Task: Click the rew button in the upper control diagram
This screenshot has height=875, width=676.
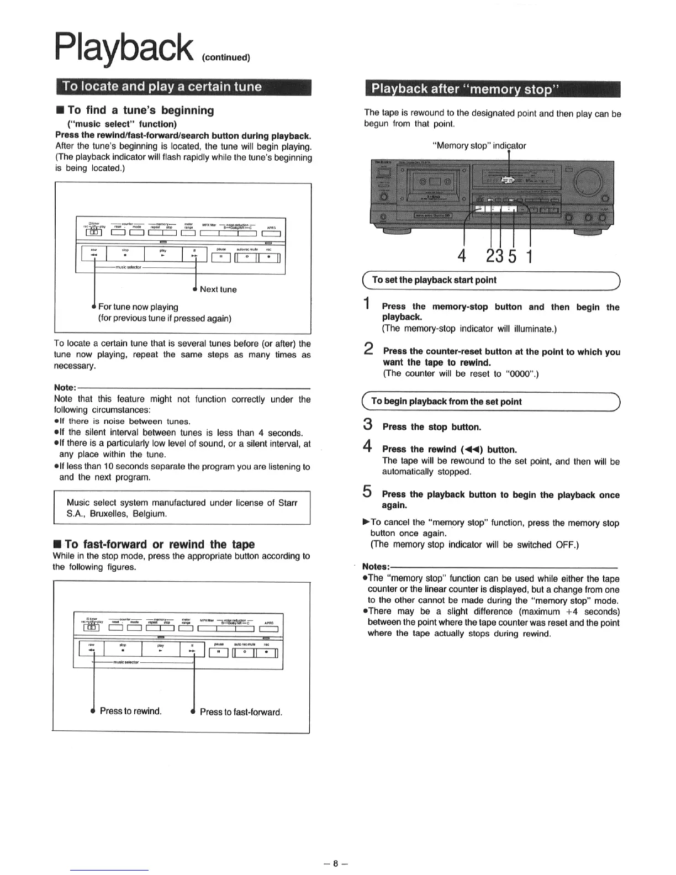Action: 94,255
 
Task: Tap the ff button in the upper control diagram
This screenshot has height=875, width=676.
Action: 194,255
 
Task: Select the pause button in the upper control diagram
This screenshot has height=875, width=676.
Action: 220,257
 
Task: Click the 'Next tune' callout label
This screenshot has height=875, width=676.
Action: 218,289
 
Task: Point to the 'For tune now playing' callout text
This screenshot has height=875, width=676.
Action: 138,307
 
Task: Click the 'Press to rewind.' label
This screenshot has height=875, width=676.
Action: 131,711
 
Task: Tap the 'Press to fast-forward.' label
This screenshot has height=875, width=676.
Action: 241,712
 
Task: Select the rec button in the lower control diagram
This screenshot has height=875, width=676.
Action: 267,652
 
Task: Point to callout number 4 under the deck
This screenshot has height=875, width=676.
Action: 462,256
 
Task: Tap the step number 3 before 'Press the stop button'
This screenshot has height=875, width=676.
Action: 367,425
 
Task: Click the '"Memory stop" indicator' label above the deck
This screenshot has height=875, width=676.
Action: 479,146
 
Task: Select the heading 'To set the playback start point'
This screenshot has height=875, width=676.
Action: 434,280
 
